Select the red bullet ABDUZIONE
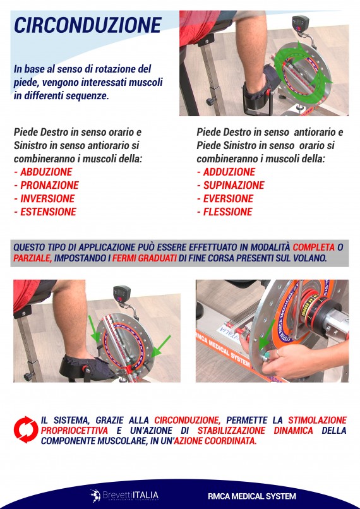coord(45,172)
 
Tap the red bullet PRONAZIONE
coord(49,185)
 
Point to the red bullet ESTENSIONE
coord(47,212)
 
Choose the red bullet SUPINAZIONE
coord(233,185)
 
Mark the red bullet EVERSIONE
coord(227,198)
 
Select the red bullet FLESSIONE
coord(227,212)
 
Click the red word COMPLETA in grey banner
coord(315,247)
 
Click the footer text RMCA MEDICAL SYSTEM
coord(261,496)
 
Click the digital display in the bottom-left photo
coord(121,294)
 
